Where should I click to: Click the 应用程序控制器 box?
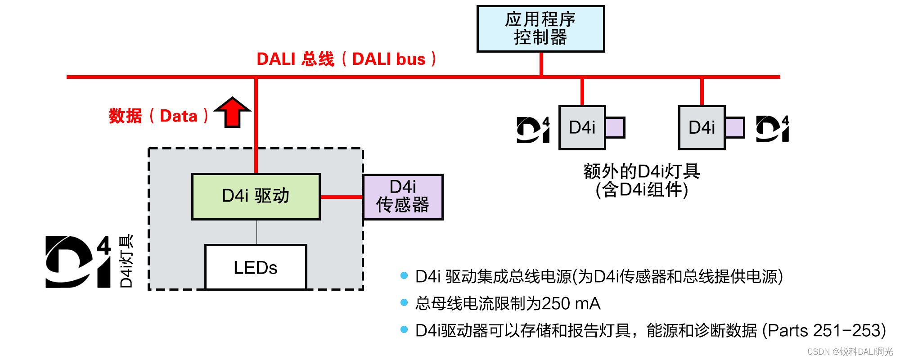[540, 29]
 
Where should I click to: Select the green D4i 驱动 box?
[256, 197]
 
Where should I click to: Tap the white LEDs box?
[256, 267]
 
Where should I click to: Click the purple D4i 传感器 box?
[403, 197]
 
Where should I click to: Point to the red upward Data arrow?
[232, 112]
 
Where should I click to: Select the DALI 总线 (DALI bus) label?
[346, 59]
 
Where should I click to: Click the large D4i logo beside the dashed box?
[78, 261]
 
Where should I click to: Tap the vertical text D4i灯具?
[126, 261]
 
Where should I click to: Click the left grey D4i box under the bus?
[582, 127]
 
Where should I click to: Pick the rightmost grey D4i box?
[702, 127]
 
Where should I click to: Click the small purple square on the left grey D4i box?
[615, 127]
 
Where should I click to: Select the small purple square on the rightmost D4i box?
[734, 127]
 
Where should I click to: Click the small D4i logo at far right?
[772, 129]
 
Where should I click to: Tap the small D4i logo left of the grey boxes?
[533, 130]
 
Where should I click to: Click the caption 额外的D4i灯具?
[642, 171]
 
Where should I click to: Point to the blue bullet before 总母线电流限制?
[404, 302]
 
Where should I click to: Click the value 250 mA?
[571, 304]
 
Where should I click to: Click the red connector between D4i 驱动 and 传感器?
[342, 197]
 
